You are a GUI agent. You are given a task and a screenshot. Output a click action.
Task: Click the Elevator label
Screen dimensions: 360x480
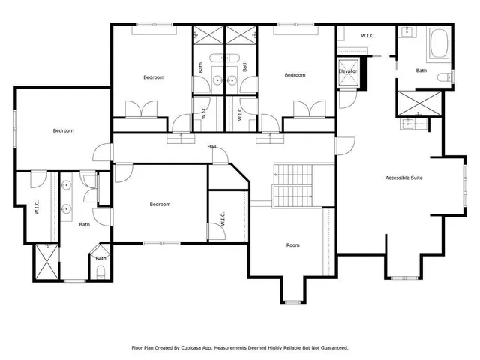pyautogui.click(x=347, y=71)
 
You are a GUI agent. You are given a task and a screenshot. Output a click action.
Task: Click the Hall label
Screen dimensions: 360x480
pyautogui.click(x=212, y=146)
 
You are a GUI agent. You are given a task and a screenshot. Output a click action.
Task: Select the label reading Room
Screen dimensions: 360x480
pyautogui.click(x=292, y=245)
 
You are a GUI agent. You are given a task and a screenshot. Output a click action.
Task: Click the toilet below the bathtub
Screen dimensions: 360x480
pyautogui.click(x=451, y=75)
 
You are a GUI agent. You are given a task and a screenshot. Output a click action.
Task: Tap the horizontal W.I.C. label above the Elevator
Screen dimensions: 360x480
pyautogui.click(x=367, y=35)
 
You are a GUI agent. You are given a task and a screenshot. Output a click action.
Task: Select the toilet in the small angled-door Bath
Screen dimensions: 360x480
pyautogui.click(x=100, y=270)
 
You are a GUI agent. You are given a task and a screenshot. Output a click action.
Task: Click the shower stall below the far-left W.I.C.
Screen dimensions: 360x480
pyautogui.click(x=46, y=262)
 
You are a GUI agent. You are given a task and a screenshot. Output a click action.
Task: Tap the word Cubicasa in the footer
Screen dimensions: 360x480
pyautogui.click(x=196, y=347)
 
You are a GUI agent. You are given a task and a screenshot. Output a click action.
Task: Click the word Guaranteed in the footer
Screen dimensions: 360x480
pyautogui.click(x=331, y=347)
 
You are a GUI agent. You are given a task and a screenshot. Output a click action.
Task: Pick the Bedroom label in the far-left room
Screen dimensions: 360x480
pyautogui.click(x=63, y=131)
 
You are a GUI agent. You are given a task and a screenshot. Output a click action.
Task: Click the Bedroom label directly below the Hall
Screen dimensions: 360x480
pyautogui.click(x=160, y=204)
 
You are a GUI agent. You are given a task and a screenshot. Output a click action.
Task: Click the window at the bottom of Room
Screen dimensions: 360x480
pyautogui.click(x=292, y=301)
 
